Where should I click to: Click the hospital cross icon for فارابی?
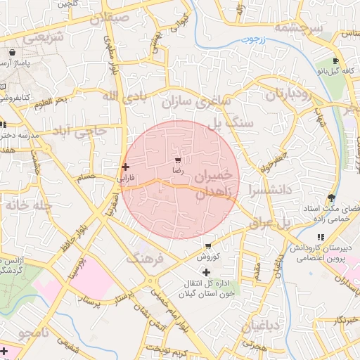125,167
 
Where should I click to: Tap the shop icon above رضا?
177,160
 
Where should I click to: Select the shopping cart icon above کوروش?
208,246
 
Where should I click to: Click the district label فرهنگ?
145,259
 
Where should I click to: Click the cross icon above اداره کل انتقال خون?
206,271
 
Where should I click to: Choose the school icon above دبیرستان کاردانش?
321,238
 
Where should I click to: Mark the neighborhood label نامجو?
34,331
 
